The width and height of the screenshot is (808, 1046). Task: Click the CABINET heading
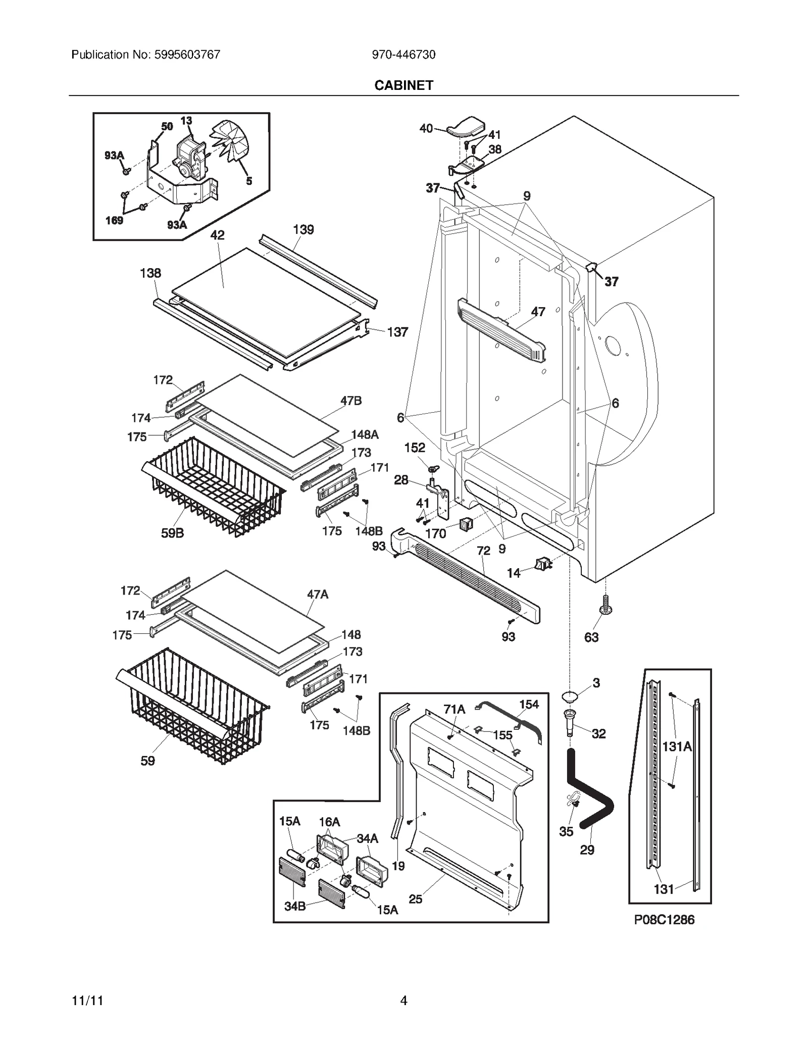pos(403,85)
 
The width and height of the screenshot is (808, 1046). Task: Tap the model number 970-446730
pos(403,55)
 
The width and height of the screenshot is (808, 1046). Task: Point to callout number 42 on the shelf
pos(218,235)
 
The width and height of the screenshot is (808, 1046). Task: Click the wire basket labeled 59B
pos(212,485)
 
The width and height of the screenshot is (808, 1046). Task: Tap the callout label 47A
pos(318,594)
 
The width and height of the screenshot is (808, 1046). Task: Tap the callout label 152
pos(415,447)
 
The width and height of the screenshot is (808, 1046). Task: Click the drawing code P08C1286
pos(664,920)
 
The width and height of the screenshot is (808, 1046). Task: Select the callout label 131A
pos(677,746)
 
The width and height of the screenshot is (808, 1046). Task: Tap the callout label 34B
pos(295,906)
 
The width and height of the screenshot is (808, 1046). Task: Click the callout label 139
pos(303,230)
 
